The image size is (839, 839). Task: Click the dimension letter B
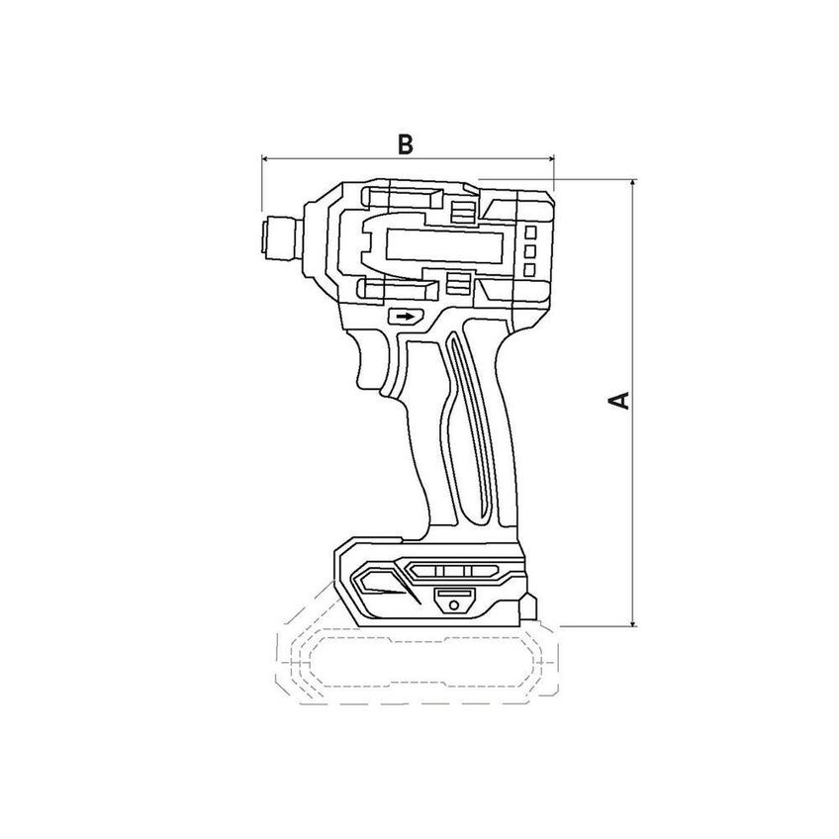(406, 144)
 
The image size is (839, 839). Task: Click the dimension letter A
(619, 401)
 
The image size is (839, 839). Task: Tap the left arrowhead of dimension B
(265, 158)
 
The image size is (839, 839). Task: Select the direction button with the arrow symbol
(406, 317)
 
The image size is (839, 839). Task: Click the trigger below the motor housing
(371, 365)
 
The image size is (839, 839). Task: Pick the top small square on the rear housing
(529, 233)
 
